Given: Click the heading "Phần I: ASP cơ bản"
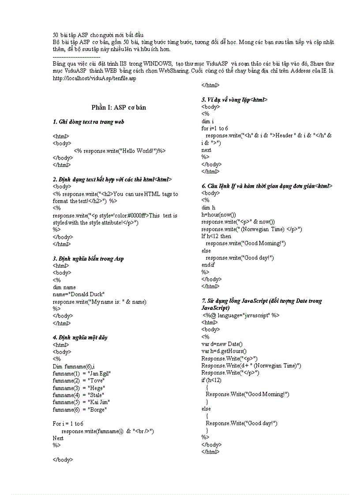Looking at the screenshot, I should coord(119,108).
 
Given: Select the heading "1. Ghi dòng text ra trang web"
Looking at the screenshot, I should coord(88,122).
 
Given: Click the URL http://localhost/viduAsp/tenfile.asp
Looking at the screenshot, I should coord(94,78).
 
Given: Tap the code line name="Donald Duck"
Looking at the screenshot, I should coord(79,294).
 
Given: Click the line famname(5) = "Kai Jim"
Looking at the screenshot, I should coord(81,402).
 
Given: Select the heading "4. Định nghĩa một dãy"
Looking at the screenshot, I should coord(80,338).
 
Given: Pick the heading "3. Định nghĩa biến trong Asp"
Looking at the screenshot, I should coord(88,259).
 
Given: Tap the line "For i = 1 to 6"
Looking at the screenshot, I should coord(68,424).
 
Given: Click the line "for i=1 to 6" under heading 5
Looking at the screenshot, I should coord(215,128).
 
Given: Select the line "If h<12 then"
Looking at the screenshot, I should coord(216,236).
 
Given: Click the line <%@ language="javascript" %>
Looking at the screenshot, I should coord(241,315).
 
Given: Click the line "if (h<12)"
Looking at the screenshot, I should coord(212,380).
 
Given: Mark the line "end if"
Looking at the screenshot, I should coord(208,265).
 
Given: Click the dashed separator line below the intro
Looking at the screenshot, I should coord(76,57).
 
